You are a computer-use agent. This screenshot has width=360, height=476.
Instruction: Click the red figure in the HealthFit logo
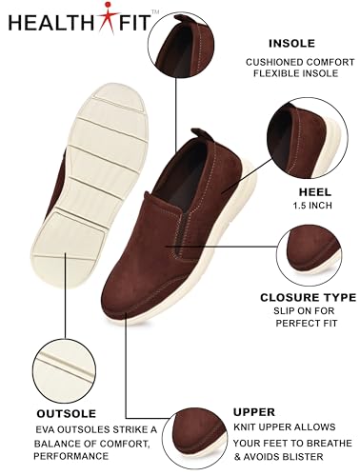pyautogui.click(x=109, y=17)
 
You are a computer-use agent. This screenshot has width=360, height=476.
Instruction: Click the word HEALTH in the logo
pyautogui.click(x=53, y=23)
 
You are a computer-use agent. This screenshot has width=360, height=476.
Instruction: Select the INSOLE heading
pyautogui.click(x=291, y=43)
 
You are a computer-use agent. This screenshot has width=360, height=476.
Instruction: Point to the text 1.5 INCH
pyautogui.click(x=312, y=206)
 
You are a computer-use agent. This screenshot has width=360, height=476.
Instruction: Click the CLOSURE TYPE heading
pyautogui.click(x=309, y=297)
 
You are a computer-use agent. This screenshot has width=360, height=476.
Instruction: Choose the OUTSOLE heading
pyautogui.click(x=67, y=413)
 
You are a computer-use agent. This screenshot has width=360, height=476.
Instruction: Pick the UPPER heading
pyautogui.click(x=254, y=412)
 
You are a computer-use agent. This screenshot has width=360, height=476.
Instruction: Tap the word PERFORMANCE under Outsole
pyautogui.click(x=71, y=456)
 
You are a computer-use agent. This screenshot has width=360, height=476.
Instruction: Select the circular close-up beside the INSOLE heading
pyautogui.click(x=181, y=45)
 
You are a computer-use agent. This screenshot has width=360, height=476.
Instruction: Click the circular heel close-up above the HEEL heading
pyautogui.click(x=307, y=140)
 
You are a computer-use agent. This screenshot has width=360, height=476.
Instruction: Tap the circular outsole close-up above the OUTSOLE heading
pyautogui.click(x=64, y=370)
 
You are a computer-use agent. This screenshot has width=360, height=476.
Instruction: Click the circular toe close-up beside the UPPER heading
pyautogui.click(x=197, y=439)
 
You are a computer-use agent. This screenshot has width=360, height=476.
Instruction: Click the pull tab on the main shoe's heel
pyautogui.click(x=203, y=135)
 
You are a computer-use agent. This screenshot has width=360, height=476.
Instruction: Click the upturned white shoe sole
pyautogui.click(x=90, y=186)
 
